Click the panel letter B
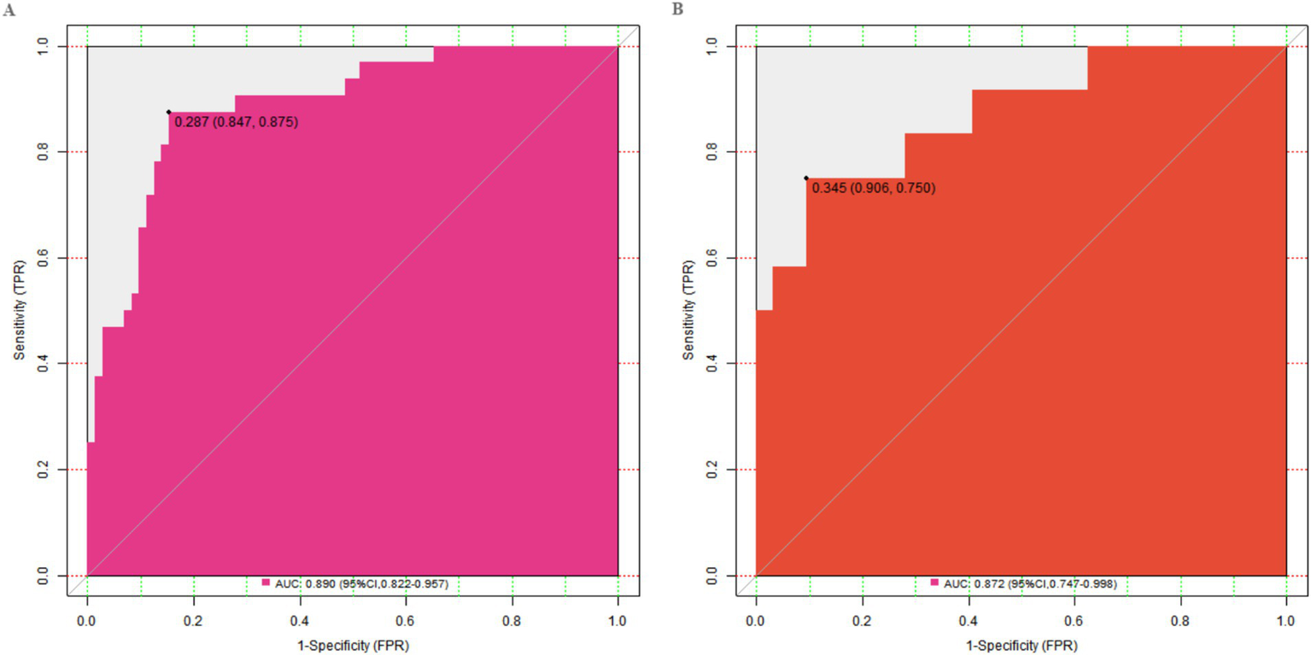[x=678, y=9]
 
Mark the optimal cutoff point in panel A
[x=169, y=112]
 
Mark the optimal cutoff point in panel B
[x=806, y=178]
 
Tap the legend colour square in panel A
[x=266, y=582]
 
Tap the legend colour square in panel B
[x=935, y=582]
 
